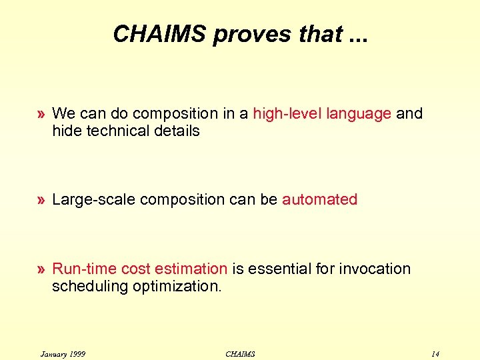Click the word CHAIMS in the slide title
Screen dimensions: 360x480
[160, 34]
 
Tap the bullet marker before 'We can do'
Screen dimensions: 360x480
[42, 114]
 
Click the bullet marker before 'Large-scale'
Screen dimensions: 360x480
[42, 200]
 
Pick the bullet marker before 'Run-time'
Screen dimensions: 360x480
[42, 269]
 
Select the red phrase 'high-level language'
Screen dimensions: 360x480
[322, 114]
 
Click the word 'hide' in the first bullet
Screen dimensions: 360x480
[65, 131]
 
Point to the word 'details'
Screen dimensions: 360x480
[177, 131]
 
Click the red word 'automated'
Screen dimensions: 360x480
[320, 200]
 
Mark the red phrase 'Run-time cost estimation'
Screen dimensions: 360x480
[140, 269]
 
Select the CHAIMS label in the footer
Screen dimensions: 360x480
[240, 353]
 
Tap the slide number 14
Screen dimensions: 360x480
[435, 353]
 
